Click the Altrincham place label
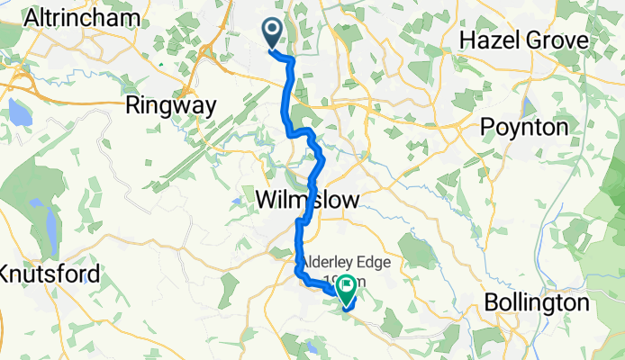coord(84,18)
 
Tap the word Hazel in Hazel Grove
coord(487,40)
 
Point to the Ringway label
coord(171,105)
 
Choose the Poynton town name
coord(524,127)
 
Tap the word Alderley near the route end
coord(334,262)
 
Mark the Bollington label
coord(537,303)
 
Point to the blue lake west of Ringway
coord(18,112)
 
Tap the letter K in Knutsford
coord(7,273)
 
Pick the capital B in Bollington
coord(492,303)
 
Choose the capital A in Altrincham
coord(33,18)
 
